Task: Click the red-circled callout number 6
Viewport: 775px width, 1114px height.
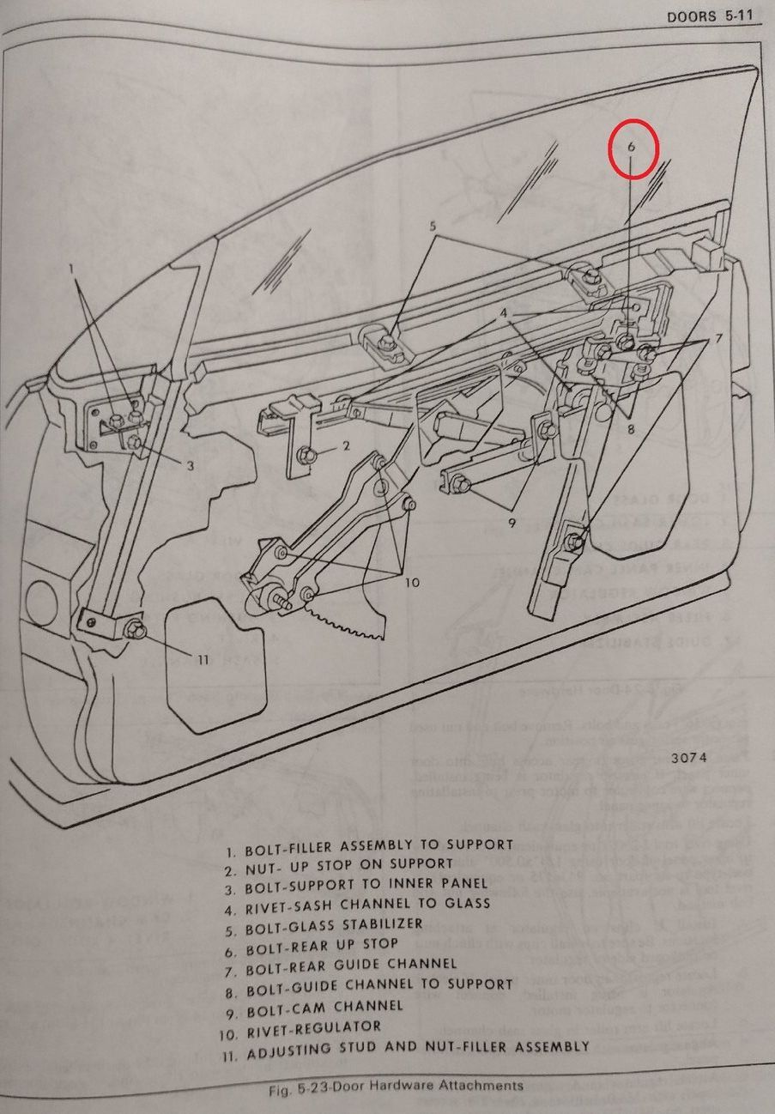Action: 632,147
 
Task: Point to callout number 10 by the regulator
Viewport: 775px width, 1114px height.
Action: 412,582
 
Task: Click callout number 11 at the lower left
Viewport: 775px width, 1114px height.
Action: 203,659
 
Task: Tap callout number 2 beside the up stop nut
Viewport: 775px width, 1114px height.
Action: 346,445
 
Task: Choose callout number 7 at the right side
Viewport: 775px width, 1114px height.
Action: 718,338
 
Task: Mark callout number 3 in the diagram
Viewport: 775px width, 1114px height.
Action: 191,466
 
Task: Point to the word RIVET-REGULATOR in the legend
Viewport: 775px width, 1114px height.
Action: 312,1026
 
